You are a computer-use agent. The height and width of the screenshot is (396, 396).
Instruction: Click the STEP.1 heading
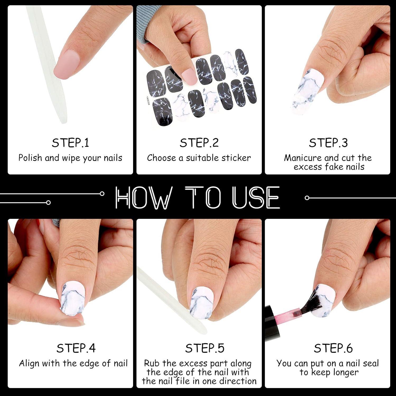[x=70, y=143]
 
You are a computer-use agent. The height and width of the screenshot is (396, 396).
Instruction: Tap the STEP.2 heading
[x=199, y=143]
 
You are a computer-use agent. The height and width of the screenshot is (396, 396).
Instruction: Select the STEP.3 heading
[x=328, y=143]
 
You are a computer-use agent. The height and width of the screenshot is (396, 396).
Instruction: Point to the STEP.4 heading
[x=76, y=348]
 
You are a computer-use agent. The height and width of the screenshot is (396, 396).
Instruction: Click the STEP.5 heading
[x=205, y=348]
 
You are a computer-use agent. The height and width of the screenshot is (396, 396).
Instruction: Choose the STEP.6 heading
[x=333, y=348]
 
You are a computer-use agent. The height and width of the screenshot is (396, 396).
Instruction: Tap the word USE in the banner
[x=256, y=197]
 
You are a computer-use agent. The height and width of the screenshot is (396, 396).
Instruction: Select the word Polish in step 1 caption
[x=30, y=158]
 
